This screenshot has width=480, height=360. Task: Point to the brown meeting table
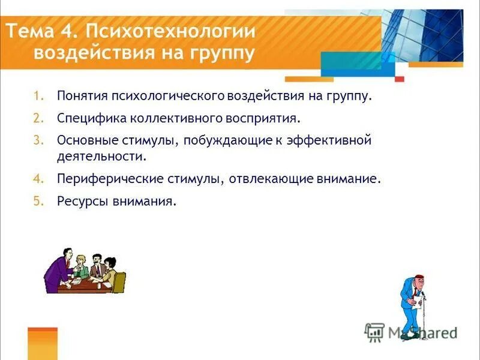coord(84,285)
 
